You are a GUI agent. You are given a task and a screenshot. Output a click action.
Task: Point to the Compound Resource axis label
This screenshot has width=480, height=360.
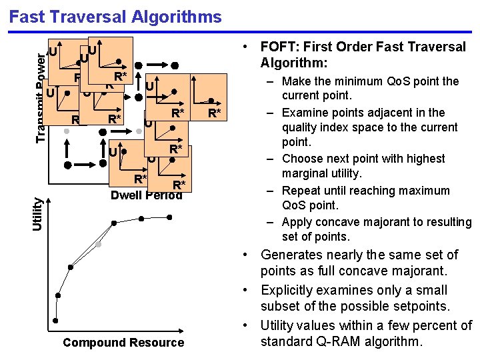coord(123,343)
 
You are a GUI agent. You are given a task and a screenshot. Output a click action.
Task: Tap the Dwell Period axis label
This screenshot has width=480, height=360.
coord(146,195)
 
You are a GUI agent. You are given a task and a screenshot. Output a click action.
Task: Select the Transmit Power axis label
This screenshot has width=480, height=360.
coord(41,100)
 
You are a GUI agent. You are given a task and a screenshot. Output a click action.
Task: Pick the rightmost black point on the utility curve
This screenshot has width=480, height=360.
coord(171,216)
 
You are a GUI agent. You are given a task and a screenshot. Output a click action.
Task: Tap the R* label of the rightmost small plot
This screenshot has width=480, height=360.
coord(214,113)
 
